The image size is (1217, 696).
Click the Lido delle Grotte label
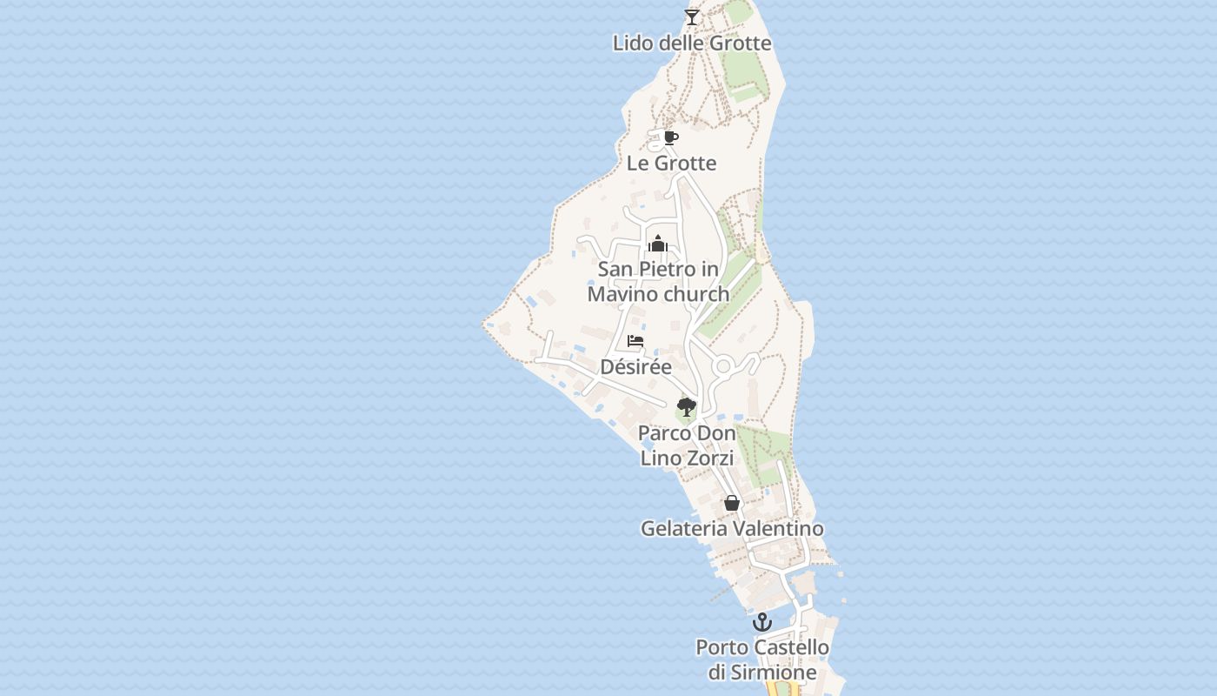coord(692,43)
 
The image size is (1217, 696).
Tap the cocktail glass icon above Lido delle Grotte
coord(692,17)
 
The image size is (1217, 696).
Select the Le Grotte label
coord(671,163)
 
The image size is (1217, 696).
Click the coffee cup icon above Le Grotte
coord(670,137)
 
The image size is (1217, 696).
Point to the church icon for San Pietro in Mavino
coord(658,244)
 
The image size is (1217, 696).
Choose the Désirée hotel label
coord(636,366)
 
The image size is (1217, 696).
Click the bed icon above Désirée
coord(635,341)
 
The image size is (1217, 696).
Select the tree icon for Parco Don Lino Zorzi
coord(687,406)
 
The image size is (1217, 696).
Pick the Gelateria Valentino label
coord(732,528)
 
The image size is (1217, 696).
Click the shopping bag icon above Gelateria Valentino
coord(732,503)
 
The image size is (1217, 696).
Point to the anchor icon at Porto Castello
coord(762,622)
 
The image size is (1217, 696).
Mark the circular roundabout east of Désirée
coord(723,366)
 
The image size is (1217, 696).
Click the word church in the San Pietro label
coord(695,294)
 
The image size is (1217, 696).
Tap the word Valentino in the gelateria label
coord(778,528)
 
